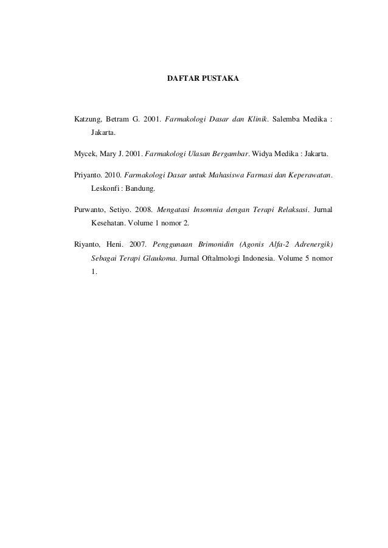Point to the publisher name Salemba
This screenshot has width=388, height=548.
click(291, 117)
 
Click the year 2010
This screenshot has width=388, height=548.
click(113, 176)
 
